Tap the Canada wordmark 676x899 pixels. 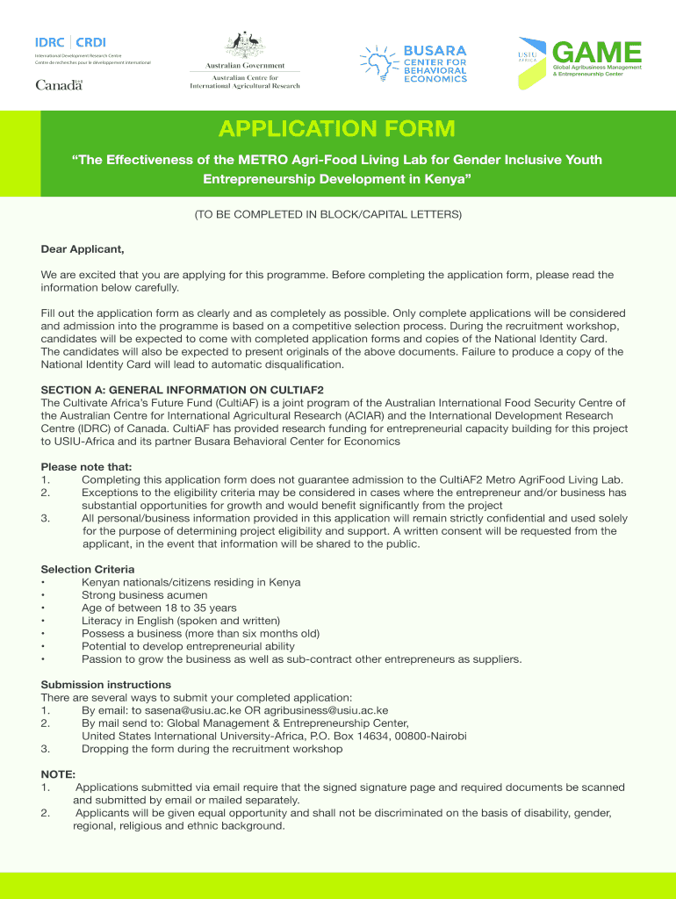click(59, 85)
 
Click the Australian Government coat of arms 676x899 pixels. click(245, 44)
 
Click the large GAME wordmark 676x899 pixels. click(598, 53)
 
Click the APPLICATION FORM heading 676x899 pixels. click(337, 130)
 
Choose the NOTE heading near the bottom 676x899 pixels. click(58, 774)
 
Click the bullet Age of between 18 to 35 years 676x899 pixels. click(159, 608)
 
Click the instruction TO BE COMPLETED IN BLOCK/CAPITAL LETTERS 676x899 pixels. click(337, 214)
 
